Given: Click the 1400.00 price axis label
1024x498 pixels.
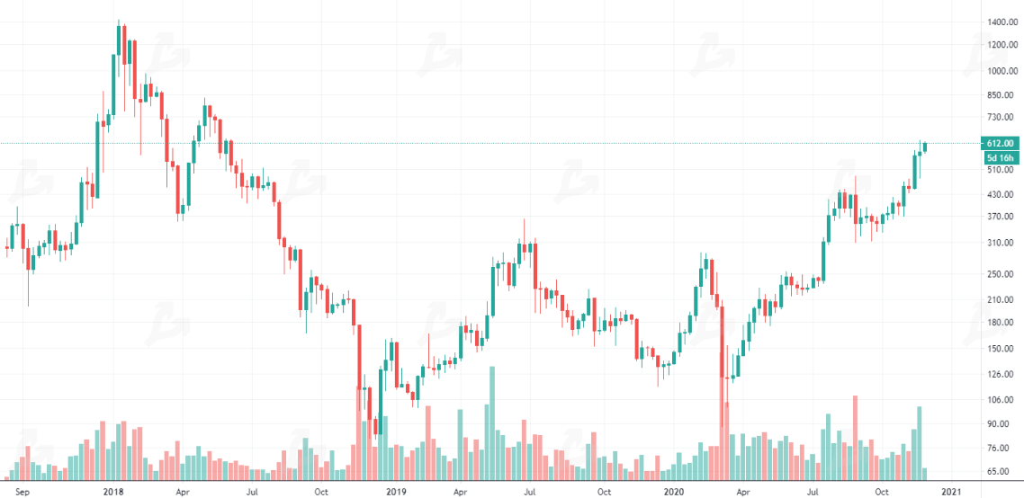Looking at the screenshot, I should click(1001, 22).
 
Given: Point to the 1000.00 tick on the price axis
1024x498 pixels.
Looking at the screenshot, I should click(1001, 71).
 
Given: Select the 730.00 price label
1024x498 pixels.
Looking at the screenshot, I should click(1001, 118).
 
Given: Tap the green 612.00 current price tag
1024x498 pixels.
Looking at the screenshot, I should click(1001, 143).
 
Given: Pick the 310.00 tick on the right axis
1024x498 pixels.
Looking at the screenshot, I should click(1001, 244).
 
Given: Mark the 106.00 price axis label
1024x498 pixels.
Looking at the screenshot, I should click(1001, 401).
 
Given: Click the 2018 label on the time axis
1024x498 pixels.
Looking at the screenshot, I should click(112, 492).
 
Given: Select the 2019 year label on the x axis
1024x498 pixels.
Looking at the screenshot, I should click(397, 492).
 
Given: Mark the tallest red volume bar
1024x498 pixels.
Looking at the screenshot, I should click(855, 437).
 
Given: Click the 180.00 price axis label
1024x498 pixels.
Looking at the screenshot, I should click(1001, 323).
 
